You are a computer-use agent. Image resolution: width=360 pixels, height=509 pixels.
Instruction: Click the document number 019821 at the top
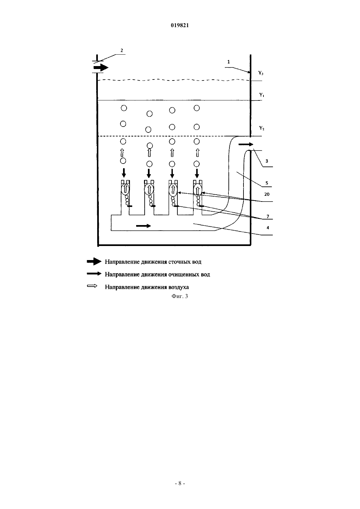(180, 26)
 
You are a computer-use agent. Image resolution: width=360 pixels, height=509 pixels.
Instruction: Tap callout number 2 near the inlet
(122, 50)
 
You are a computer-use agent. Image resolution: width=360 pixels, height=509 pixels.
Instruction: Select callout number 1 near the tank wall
(229, 62)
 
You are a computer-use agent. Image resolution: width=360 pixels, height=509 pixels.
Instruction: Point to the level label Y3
(261, 73)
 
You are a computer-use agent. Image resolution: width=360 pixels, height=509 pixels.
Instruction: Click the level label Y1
(261, 95)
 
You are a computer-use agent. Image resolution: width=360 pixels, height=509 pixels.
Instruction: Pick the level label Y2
(262, 128)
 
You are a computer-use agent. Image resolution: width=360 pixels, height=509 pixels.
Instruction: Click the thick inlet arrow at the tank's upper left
(101, 67)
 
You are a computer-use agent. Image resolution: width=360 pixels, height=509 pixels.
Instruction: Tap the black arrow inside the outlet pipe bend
(246, 144)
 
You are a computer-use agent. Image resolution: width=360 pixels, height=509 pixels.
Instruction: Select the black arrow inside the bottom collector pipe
(143, 226)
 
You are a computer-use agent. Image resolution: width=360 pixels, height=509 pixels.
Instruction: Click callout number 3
(267, 161)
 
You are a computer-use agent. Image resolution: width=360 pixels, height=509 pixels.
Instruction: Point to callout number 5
(267, 183)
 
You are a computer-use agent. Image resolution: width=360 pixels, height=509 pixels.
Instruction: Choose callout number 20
(267, 194)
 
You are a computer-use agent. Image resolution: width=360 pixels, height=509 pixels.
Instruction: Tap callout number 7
(268, 217)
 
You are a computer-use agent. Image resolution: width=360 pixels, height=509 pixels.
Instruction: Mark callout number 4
(268, 228)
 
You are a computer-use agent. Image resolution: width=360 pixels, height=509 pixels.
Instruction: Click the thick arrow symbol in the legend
(94, 262)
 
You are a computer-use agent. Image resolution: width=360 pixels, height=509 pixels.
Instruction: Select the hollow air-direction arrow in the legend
(92, 286)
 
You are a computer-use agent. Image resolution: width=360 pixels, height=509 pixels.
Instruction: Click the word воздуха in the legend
(178, 287)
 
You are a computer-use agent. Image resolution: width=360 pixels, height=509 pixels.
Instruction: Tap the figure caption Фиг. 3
(180, 296)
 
